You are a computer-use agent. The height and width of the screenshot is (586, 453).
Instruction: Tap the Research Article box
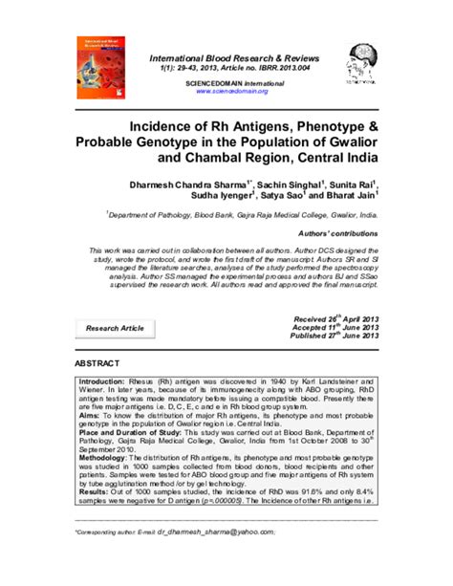(115, 328)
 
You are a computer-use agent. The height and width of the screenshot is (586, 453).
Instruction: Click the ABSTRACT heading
(97, 366)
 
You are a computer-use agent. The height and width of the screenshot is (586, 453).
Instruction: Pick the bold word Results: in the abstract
(94, 493)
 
